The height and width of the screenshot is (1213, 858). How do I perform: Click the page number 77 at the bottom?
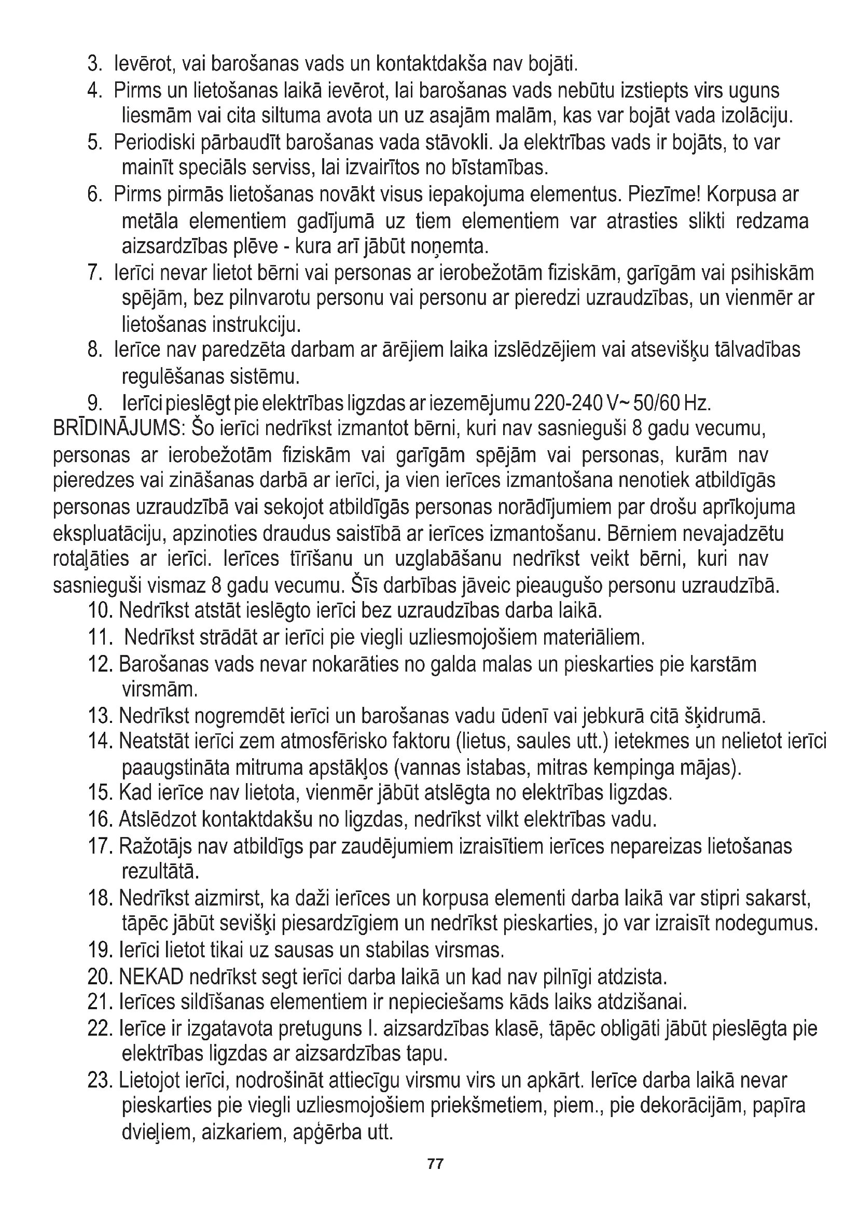pyautogui.click(x=435, y=1163)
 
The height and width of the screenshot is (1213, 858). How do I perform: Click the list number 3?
pyautogui.click(x=94, y=64)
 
